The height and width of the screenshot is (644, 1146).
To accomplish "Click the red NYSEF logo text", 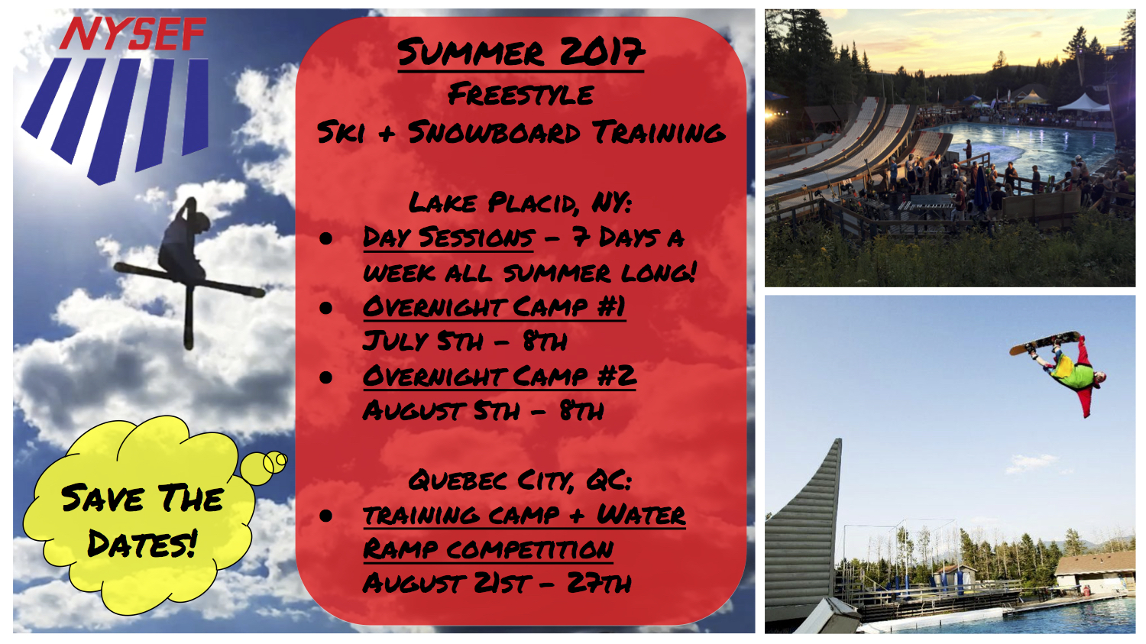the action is coord(133,34).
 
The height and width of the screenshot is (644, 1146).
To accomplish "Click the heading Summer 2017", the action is coord(521,53).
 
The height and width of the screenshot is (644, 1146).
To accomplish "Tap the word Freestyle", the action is coord(521,95).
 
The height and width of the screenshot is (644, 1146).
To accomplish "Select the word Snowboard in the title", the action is coord(494,132).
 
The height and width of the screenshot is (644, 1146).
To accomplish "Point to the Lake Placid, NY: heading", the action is coord(520,203).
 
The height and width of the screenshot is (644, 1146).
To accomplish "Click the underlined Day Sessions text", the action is coord(448,238).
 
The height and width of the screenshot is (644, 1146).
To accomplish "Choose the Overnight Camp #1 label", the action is coord(494,307).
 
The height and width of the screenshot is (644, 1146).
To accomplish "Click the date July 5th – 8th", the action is coord(465,341).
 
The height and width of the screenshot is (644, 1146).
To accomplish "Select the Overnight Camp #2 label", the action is coord(500,376).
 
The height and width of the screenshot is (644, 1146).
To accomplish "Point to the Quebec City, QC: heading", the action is coord(520,481).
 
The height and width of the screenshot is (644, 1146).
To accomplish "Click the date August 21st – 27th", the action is coord(497,584).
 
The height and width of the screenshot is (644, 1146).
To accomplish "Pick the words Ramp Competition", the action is coord(488,549).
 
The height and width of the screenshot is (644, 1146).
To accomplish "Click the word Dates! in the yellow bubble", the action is coord(142,543).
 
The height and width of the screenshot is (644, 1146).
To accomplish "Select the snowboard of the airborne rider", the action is coord(1044,343).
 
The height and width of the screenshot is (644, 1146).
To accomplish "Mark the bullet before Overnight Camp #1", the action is coord(326,307).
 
